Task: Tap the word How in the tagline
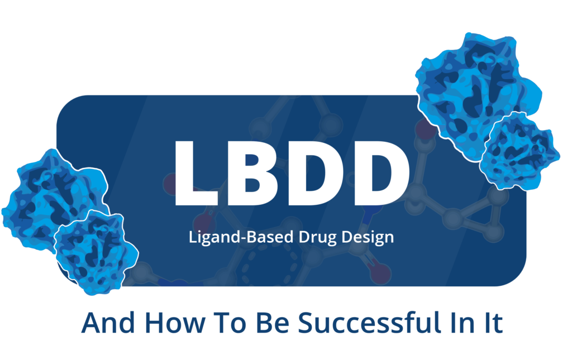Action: tap(175, 323)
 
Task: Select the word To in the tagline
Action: tap(231, 323)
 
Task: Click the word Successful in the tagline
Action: tap(375, 323)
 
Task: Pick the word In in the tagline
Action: tap(470, 323)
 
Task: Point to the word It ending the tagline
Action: tap(494, 323)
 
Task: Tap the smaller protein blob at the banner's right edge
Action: tap(520, 151)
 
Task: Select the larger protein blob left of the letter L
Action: tap(51, 197)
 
